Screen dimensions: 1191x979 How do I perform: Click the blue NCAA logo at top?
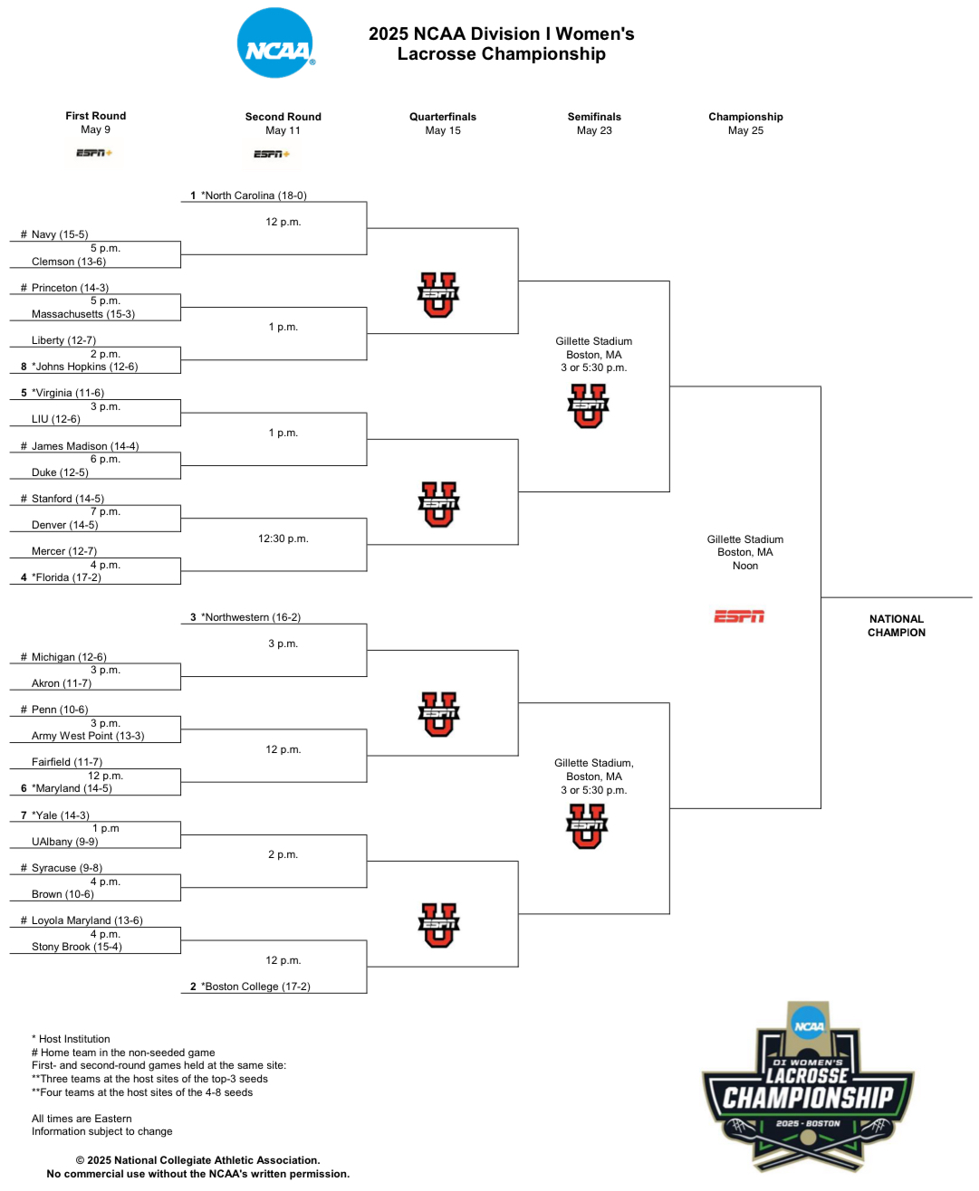click(276, 43)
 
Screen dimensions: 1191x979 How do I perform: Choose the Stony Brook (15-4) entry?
click(76, 947)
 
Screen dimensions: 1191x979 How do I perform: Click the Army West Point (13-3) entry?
click(88, 736)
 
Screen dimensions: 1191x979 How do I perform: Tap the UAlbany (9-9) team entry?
click(65, 842)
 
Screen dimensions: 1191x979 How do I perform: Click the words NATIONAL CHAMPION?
click(897, 625)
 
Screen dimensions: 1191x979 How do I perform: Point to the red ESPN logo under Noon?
click(739, 616)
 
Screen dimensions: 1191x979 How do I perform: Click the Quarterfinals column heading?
click(443, 117)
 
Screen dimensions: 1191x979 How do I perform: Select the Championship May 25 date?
click(745, 130)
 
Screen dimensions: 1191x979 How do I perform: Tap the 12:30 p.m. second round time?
click(283, 538)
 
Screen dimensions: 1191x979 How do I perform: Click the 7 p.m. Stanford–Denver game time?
click(105, 512)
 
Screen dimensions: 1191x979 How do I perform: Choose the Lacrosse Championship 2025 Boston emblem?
click(808, 1086)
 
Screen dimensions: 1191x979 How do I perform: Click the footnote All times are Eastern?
click(82, 1119)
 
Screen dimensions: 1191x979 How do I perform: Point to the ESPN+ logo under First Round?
click(94, 153)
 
